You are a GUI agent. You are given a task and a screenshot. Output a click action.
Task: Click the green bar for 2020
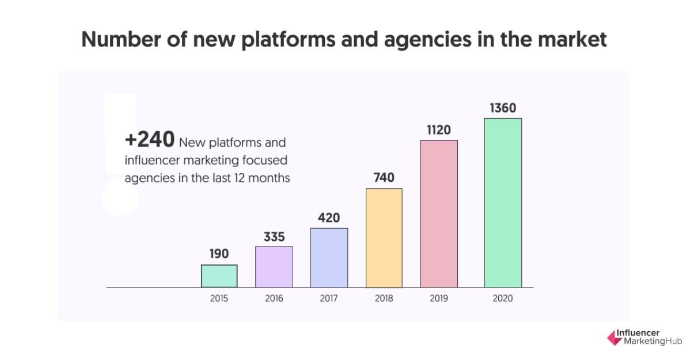tap(502, 203)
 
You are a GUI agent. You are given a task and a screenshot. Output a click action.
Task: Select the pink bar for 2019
tap(439, 214)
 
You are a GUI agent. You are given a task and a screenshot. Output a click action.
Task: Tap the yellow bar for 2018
tap(384, 238)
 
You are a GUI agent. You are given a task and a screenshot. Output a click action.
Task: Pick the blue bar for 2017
tap(329, 257)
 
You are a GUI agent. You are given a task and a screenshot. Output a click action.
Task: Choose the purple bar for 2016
tap(274, 267)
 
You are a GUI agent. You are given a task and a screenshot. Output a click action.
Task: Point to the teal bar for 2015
tap(219, 276)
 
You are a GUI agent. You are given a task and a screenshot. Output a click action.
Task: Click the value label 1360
tap(503, 108)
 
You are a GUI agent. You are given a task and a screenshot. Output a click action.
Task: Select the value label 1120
tap(438, 130)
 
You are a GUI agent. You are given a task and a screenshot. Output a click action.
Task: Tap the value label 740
tap(384, 178)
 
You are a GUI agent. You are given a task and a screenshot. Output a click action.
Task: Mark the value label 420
tap(329, 218)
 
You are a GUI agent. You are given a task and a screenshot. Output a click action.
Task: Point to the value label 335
tap(274, 237)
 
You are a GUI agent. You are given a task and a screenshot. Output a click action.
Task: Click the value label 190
tap(219, 253)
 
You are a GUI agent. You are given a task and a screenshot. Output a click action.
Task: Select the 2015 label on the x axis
tap(219, 298)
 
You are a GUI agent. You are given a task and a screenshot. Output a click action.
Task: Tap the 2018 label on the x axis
tap(384, 298)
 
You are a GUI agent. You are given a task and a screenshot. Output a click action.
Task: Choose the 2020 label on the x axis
tap(503, 298)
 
